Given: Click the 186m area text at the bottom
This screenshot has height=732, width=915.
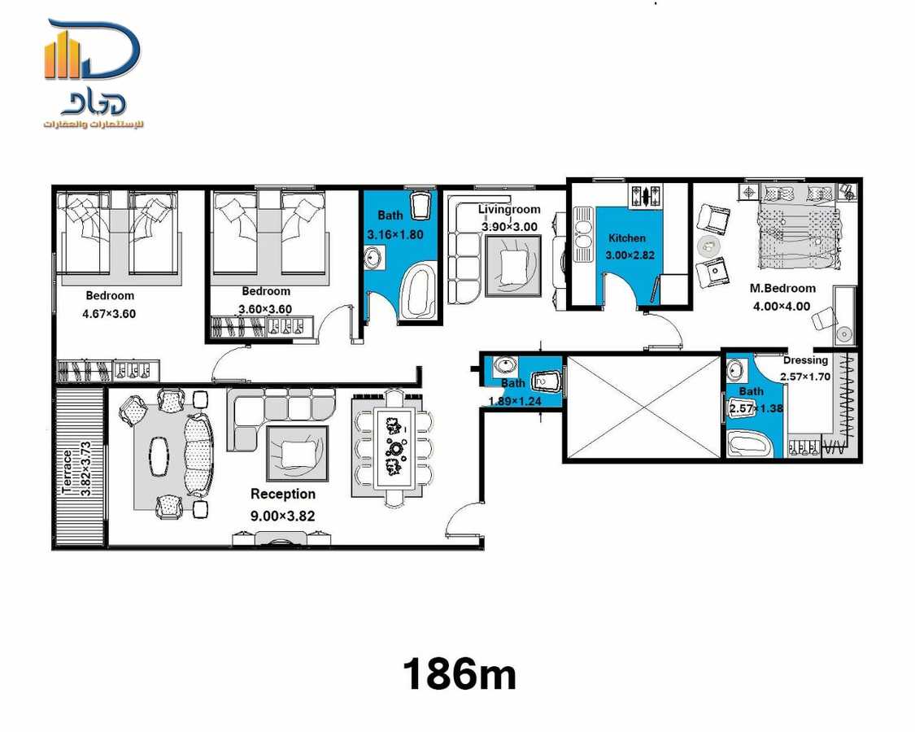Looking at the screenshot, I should pos(460,674).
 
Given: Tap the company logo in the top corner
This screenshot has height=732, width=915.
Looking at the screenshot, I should pos(93,74).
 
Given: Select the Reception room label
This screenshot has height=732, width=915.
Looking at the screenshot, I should pos(282,494).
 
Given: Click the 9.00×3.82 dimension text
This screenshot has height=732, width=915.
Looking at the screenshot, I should pos(282,515).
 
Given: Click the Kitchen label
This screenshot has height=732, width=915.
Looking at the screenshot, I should pos(627,238).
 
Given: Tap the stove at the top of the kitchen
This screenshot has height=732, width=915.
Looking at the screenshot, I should pos(646,195).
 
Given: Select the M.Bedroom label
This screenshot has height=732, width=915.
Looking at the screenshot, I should pos(782,288).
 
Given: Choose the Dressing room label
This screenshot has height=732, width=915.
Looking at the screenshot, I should pos(805,360).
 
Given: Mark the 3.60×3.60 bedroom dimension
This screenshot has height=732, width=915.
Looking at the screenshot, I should pos(265,309).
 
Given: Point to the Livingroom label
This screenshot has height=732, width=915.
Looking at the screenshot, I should pos(509,210).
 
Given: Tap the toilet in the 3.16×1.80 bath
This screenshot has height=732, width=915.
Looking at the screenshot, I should pos(420,206).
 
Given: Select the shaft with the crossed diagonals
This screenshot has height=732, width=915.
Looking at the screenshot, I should pos(643,407).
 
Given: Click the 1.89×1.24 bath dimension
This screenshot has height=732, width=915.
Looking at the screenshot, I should pos(515,400).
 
